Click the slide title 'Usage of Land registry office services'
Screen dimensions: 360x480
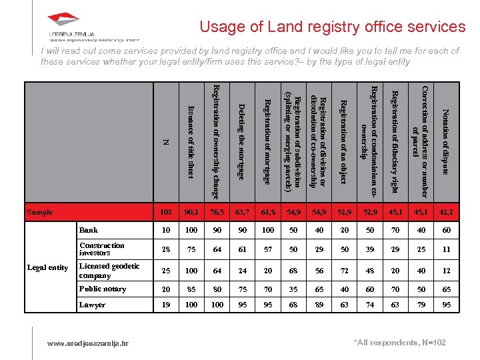[x=333, y=27]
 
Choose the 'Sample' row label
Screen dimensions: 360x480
[x=39, y=212]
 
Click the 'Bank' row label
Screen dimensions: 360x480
[x=89, y=230]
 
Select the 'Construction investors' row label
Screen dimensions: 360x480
[x=101, y=249]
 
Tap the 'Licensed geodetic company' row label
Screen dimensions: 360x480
[x=109, y=271]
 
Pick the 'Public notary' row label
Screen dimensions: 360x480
[x=102, y=289]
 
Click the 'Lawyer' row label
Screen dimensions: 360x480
[x=92, y=305]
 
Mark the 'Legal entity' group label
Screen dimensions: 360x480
[x=47, y=267]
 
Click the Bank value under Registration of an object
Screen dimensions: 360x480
[x=343, y=230]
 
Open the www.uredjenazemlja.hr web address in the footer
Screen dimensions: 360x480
[x=88, y=343]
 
